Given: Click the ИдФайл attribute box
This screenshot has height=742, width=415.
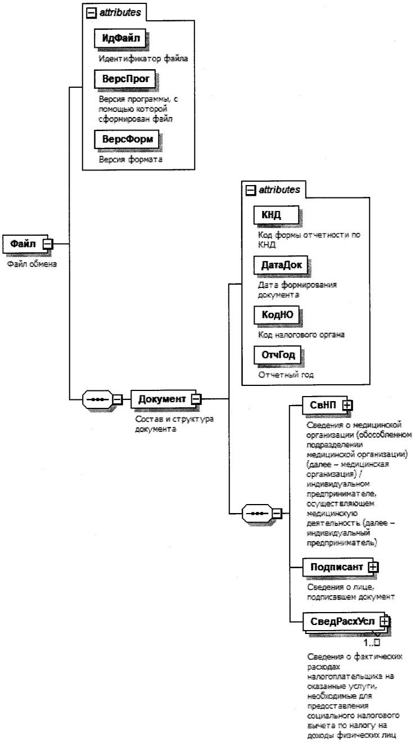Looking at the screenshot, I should pyautogui.click(x=118, y=39).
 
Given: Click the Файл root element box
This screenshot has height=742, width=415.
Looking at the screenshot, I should pyautogui.click(x=23, y=244).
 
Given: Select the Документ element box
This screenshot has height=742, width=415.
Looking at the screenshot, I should pyautogui.click(x=162, y=399).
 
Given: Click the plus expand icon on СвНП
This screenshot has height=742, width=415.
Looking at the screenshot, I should pyautogui.click(x=348, y=404).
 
